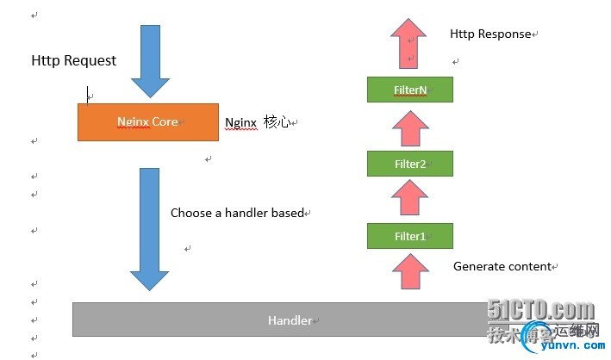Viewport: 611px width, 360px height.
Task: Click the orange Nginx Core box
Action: pyautogui.click(x=147, y=122)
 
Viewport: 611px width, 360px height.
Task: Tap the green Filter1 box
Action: pyautogui.click(x=409, y=236)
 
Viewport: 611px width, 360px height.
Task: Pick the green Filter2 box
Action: pyautogui.click(x=409, y=163)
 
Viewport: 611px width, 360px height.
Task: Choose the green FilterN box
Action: pyautogui.click(x=409, y=90)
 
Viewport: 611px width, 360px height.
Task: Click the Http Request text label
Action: pyautogui.click(x=73, y=60)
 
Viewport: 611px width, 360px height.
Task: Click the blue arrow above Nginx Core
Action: pyautogui.click(x=151, y=62)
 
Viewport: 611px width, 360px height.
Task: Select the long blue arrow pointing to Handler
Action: pyautogui.click(x=149, y=228)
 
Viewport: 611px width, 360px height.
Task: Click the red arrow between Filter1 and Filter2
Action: pyautogui.click(x=409, y=199)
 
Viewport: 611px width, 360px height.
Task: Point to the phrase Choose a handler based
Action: pyautogui.click(x=237, y=213)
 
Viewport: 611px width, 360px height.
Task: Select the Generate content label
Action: pyautogui.click(x=502, y=267)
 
